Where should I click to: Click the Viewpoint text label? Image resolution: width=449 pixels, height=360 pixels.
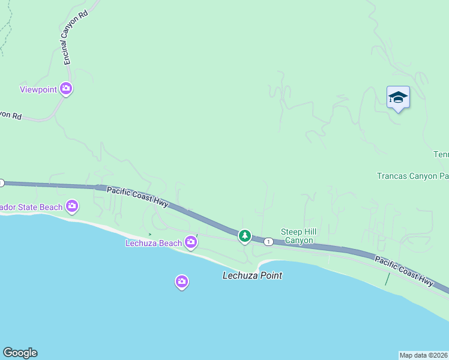(38, 89)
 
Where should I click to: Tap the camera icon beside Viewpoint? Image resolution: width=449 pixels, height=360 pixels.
(66, 89)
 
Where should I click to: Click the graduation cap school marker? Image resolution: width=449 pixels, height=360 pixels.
(398, 98)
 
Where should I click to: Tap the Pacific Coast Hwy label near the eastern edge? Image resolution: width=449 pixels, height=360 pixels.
(404, 271)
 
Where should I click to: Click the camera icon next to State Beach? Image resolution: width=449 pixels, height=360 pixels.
(72, 207)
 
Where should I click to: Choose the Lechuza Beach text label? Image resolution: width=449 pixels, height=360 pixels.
(153, 243)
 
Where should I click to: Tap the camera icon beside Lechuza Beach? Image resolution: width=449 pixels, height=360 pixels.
(191, 242)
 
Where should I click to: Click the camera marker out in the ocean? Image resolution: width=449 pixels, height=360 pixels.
(182, 281)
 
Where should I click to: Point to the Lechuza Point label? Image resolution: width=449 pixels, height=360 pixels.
(252, 276)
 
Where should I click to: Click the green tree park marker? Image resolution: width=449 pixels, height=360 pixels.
(244, 236)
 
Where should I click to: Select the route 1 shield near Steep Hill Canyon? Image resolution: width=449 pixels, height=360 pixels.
(268, 241)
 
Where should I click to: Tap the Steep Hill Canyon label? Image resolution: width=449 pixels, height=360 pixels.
(298, 236)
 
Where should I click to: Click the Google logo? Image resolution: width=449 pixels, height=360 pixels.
(20, 353)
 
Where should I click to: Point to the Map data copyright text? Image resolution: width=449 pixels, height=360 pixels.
(424, 355)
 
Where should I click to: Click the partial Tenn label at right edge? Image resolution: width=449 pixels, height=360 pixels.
(441, 155)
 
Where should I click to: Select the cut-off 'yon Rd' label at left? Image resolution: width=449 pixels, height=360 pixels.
(11, 114)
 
